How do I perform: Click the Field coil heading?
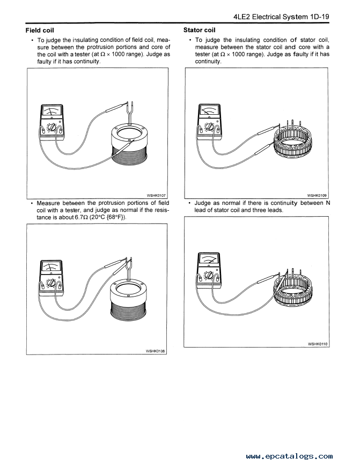40,30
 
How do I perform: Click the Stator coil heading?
199,30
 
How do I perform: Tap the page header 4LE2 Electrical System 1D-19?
281,17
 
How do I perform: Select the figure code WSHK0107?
156,196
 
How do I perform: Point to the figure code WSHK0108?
156,351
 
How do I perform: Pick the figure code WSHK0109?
317,195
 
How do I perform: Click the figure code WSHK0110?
318,344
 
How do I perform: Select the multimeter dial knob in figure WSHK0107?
52,128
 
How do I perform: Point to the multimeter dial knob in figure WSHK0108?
52,283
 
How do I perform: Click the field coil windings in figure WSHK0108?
128,310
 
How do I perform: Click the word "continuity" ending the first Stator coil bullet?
208,62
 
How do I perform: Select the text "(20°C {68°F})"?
108,217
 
